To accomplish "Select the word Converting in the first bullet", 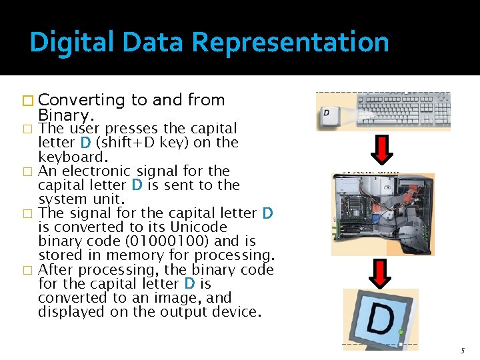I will coord(87,101).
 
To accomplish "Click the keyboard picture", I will coord(403,111).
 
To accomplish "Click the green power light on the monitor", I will coord(401,332).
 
